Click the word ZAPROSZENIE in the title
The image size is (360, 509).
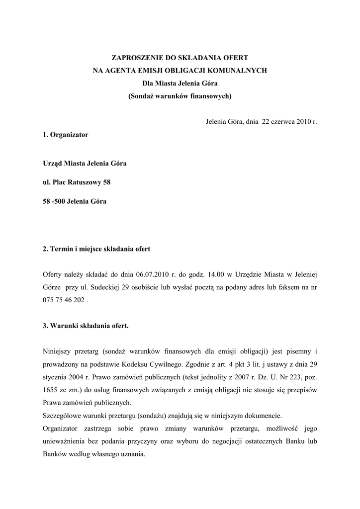(x=135, y=58)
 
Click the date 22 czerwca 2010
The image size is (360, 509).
(x=282, y=121)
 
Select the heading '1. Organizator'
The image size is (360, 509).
(x=66, y=135)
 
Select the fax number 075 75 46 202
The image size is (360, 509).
(x=64, y=300)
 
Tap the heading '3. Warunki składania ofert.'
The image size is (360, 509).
(x=86, y=327)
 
